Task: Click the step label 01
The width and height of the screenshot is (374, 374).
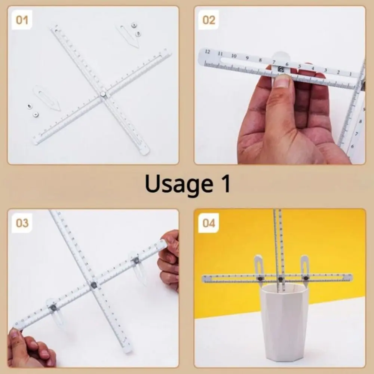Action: [x=22, y=20]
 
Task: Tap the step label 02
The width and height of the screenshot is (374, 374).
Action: [x=209, y=20]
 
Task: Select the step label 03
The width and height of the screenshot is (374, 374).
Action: [x=22, y=223]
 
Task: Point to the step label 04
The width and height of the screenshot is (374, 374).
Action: [x=209, y=223]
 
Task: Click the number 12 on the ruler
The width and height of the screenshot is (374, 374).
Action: [x=207, y=52]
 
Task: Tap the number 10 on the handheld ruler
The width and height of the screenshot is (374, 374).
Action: [x=234, y=56]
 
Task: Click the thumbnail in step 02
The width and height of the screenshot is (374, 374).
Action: [x=282, y=82]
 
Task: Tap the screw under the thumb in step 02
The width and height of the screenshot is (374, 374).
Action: [x=281, y=69]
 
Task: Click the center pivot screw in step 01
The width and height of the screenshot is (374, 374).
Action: [x=103, y=95]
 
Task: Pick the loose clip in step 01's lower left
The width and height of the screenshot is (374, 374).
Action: [x=47, y=98]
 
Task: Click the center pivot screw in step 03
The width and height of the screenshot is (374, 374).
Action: [x=93, y=285]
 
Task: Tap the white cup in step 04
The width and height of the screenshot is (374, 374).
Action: [x=284, y=322]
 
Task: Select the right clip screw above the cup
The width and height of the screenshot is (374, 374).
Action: [x=305, y=278]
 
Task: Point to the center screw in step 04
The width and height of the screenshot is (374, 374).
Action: [x=280, y=279]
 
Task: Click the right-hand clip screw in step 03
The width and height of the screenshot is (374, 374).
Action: [x=136, y=260]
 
